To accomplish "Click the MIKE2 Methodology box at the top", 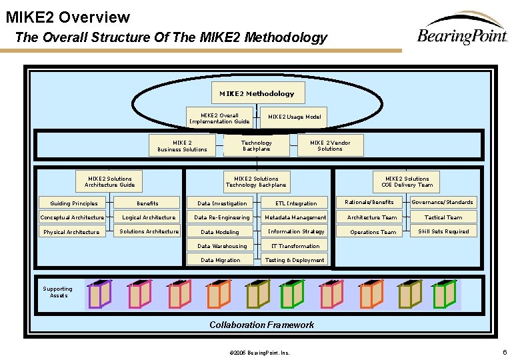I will click(257, 93).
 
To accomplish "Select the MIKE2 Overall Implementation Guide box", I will click(219, 119).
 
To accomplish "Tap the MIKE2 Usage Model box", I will click(294, 117).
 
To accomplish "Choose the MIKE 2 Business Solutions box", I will click(182, 145).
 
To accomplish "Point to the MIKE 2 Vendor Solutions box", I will click(330, 145).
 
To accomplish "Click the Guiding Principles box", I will click(74, 203).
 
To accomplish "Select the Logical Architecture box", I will click(149, 217).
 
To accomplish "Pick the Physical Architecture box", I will click(71, 232).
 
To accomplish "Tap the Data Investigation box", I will click(222, 203).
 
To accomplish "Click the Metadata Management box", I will click(295, 217).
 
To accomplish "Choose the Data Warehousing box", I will click(222, 246).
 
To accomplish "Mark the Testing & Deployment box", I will click(295, 260).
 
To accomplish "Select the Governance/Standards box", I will click(443, 202).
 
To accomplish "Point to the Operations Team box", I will click(373, 232).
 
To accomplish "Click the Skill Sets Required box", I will click(443, 231).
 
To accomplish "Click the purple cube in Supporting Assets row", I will click(99, 294).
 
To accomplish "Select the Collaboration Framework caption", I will click(261, 325).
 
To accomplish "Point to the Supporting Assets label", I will click(58, 292).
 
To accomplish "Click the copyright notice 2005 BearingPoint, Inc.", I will click(259, 352).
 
